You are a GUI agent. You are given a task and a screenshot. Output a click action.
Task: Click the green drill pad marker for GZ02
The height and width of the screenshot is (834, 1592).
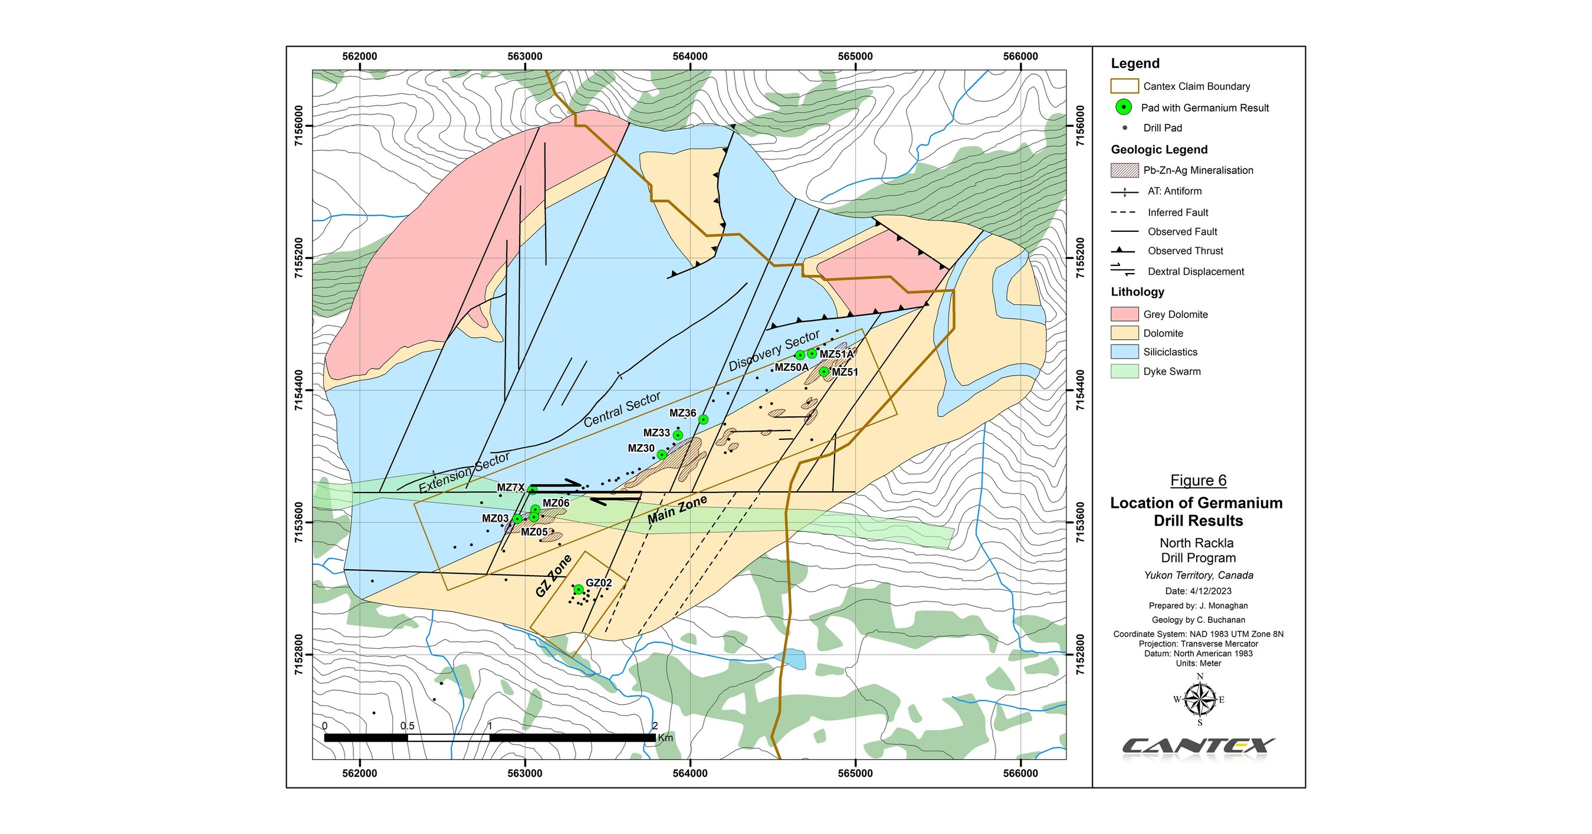coord(579,589)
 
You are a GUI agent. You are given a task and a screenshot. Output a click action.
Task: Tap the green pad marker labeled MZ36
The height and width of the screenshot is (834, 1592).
coord(703,419)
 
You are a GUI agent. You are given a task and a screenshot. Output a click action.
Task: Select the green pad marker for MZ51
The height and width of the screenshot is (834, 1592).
coord(824,371)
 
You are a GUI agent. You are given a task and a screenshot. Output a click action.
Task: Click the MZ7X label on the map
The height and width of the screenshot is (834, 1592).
coord(510,487)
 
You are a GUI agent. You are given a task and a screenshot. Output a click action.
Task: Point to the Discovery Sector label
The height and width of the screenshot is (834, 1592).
coord(774,350)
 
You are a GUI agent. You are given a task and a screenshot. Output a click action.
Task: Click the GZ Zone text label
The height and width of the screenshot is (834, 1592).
coord(553,576)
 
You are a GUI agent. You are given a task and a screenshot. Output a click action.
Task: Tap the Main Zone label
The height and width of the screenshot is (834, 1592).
coord(677,510)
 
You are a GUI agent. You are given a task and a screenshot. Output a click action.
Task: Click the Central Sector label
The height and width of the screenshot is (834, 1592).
coord(622,409)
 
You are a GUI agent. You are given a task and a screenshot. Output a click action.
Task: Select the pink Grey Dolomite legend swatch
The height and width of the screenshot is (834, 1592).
coord(1124,314)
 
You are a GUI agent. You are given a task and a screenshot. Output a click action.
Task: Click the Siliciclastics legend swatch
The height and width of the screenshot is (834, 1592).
coord(1124,352)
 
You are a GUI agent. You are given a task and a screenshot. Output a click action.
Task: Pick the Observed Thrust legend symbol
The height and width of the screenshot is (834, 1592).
coord(1123,251)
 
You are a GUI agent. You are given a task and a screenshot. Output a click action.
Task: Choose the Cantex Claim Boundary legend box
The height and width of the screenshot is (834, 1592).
coord(1124,87)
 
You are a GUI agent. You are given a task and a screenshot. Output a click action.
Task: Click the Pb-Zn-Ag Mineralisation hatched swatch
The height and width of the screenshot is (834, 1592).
coord(1124,170)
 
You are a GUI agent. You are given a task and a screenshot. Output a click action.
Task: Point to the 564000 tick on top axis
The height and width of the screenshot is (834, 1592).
coord(690,56)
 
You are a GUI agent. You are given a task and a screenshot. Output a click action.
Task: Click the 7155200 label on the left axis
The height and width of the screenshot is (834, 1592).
coord(300,258)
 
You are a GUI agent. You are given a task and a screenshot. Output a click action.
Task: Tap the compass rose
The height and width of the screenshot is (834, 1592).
coord(1200,700)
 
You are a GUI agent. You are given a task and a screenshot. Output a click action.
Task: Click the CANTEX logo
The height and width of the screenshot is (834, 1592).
coord(1199,746)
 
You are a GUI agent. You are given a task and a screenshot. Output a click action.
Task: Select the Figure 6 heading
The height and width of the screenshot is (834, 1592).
coord(1198,481)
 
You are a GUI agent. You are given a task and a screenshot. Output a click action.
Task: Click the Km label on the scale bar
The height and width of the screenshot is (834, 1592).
coord(665,738)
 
